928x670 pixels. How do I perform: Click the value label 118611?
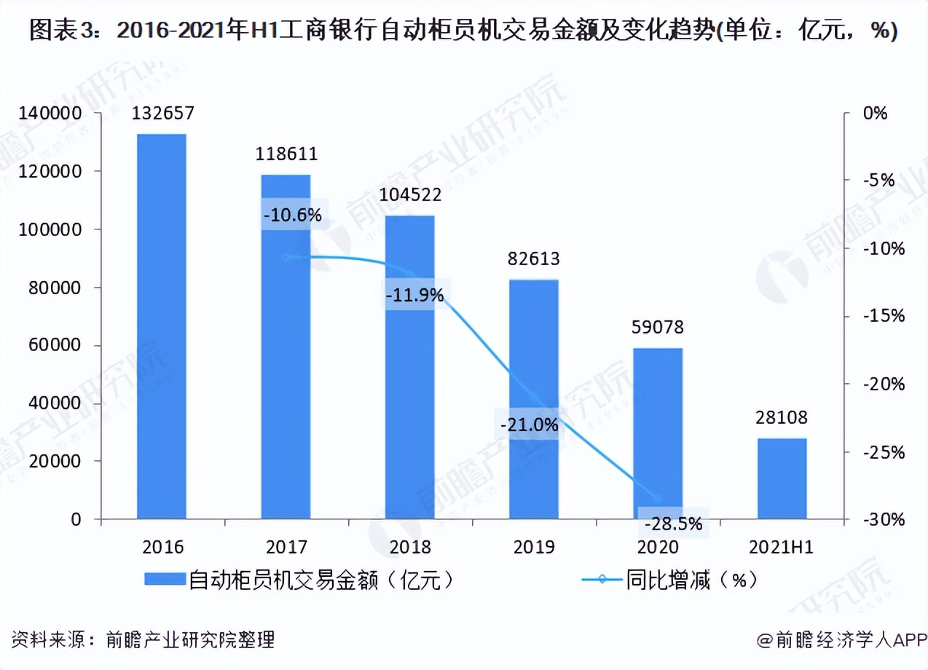[x=286, y=154]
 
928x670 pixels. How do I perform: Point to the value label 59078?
[x=658, y=328]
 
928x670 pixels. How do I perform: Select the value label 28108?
[x=782, y=418]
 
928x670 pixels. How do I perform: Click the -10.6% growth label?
[x=292, y=216]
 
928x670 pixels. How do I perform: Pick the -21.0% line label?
[x=530, y=425]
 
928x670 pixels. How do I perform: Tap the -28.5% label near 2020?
[x=674, y=523]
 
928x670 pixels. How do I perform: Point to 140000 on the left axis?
[x=50, y=114]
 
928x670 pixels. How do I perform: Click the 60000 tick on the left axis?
[x=55, y=346]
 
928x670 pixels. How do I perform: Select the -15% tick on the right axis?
[x=882, y=316]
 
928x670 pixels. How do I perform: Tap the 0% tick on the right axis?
[x=876, y=114]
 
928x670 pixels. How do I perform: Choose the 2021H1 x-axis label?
[x=782, y=548]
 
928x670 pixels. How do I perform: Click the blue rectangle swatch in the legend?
[x=165, y=580]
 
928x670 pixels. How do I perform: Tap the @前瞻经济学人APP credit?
[x=841, y=640]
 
